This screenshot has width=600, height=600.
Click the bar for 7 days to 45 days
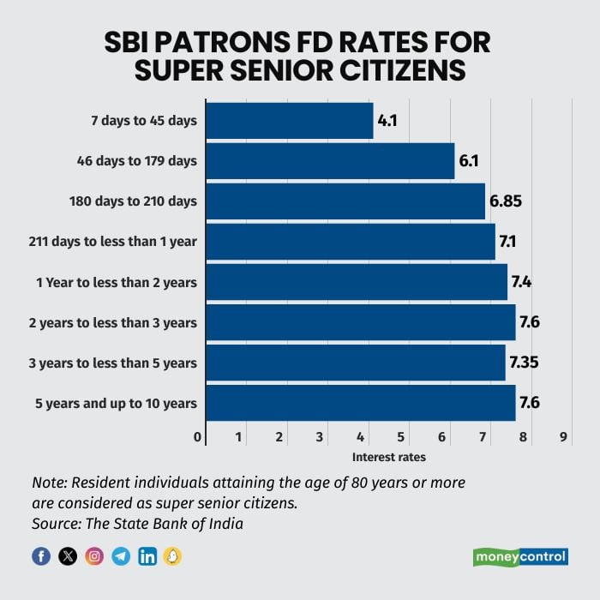tap(290, 121)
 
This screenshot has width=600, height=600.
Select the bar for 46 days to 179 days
tap(330, 161)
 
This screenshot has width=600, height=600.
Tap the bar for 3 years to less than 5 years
tap(356, 363)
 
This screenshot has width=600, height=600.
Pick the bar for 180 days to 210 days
tap(345, 201)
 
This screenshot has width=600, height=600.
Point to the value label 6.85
tap(506, 201)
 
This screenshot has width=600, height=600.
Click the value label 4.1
tap(387, 121)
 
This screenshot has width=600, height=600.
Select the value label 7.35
tap(525, 363)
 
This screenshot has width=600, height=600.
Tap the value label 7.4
tap(521, 282)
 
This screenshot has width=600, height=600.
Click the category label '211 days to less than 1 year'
tap(111, 242)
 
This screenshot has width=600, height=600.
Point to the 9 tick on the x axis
tap(563, 437)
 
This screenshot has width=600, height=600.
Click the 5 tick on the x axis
tap(401, 437)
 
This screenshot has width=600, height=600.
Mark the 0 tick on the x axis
tap(199, 437)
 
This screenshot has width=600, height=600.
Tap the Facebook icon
tap(41, 556)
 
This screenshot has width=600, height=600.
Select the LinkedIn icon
tap(147, 556)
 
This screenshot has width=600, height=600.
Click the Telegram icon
tap(121, 556)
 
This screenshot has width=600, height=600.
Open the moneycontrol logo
tap(520, 557)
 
